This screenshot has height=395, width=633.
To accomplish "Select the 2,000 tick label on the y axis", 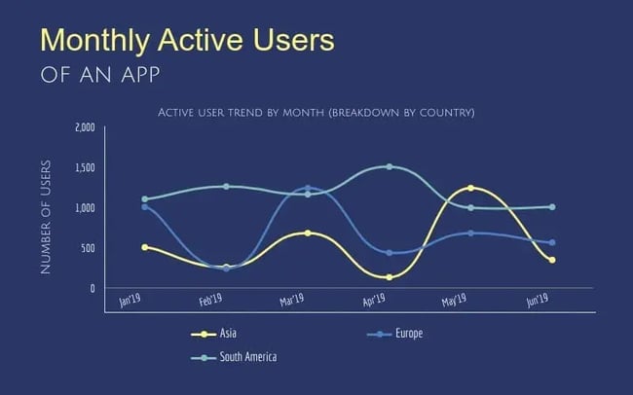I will pyautogui.click(x=85, y=127).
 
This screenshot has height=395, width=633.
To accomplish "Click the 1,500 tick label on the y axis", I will pyautogui.click(x=85, y=167).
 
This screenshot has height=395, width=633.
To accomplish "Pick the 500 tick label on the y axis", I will pyautogui.click(x=88, y=248).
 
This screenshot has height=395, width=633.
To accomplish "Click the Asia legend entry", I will pyautogui.click(x=217, y=334).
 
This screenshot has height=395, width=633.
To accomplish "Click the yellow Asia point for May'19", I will pyautogui.click(x=470, y=188).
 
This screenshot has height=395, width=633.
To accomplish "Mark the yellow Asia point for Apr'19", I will pyautogui.click(x=389, y=277).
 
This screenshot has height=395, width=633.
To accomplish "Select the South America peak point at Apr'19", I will pyautogui.click(x=389, y=166).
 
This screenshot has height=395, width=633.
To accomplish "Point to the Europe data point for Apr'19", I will pyautogui.click(x=389, y=253).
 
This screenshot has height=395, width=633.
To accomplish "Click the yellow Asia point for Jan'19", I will pyautogui.click(x=144, y=247).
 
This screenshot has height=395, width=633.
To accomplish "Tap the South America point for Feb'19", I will pyautogui.click(x=226, y=186).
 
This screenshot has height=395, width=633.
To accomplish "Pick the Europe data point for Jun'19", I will pyautogui.click(x=551, y=243).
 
